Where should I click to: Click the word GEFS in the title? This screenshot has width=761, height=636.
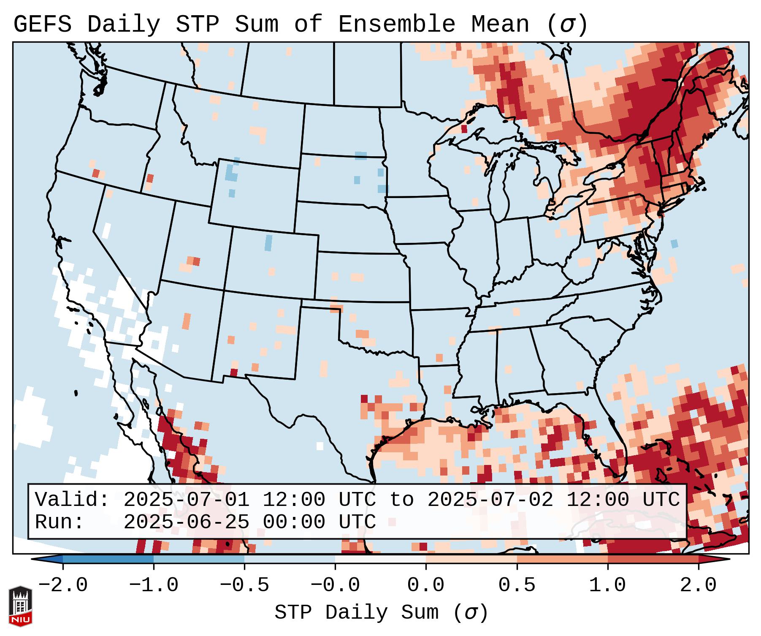(x=42, y=24)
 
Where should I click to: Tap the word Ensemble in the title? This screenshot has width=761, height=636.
(x=396, y=24)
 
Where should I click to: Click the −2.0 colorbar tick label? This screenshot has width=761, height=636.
(x=62, y=585)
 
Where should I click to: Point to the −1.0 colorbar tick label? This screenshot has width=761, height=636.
(x=153, y=585)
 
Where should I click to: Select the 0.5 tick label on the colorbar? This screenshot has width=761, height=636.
(x=517, y=585)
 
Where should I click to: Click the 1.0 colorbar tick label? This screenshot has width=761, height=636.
(x=607, y=585)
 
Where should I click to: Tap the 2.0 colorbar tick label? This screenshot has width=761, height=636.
(x=698, y=585)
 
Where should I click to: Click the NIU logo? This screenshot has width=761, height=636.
(x=20, y=606)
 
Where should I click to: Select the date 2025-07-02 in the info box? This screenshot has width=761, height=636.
(x=490, y=500)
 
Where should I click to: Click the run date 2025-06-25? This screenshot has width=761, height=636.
(x=186, y=522)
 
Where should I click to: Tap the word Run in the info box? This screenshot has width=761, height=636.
(x=59, y=522)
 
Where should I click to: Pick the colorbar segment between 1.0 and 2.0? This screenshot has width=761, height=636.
(x=653, y=560)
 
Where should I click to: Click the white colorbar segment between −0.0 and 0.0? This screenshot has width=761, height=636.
(x=380, y=560)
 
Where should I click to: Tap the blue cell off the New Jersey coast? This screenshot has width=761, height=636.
(x=674, y=243)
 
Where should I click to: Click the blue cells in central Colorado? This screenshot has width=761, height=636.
(x=268, y=243)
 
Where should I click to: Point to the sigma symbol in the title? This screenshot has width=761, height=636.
(x=567, y=24)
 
